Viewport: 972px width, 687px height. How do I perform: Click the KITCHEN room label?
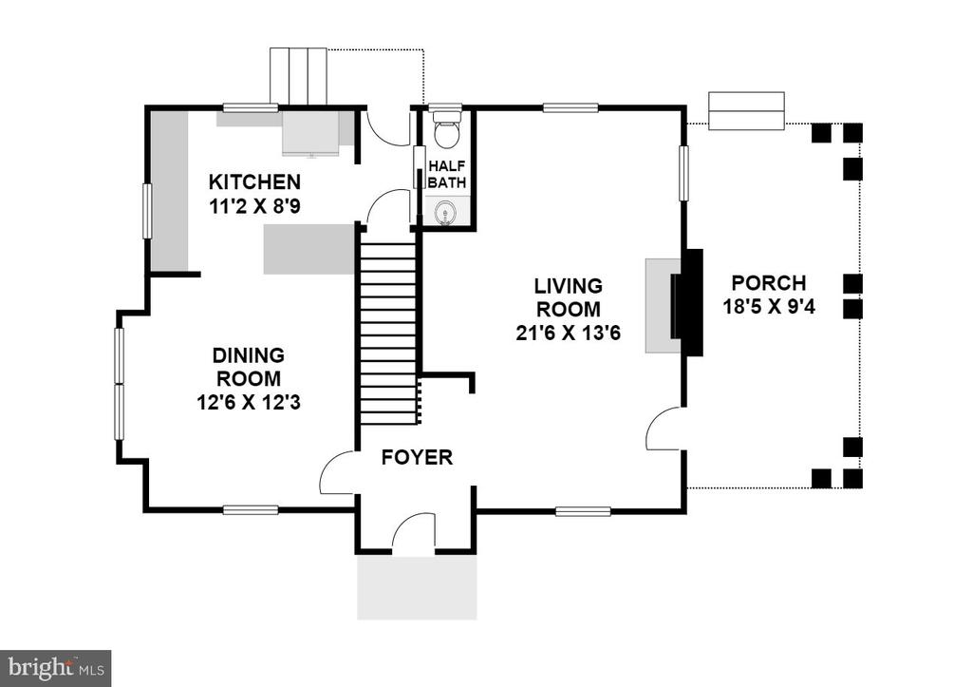pyautogui.click(x=254, y=182)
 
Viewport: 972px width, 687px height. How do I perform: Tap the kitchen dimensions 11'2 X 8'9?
pyautogui.click(x=254, y=206)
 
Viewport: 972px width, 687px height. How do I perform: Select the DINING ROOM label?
pyautogui.click(x=248, y=367)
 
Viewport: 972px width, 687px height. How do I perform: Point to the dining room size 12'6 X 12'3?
pyautogui.click(x=248, y=403)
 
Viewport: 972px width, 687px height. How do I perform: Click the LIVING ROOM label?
pyautogui.click(x=569, y=297)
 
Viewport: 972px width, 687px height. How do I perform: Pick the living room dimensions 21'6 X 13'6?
pyautogui.click(x=568, y=334)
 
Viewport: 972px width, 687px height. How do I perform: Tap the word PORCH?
pyautogui.click(x=769, y=283)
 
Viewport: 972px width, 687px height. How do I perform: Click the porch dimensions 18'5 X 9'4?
pyautogui.click(x=769, y=307)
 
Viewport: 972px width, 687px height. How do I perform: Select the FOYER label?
pyautogui.click(x=417, y=457)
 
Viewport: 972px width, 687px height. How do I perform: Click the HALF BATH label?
pyautogui.click(x=446, y=175)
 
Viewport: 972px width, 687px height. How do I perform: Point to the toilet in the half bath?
pyautogui.click(x=446, y=128)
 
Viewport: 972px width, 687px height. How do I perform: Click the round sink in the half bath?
pyautogui.click(x=444, y=212)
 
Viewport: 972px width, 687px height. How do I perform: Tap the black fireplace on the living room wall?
pyautogui.click(x=688, y=302)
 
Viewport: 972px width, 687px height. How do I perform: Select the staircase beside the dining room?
pyautogui.click(x=388, y=334)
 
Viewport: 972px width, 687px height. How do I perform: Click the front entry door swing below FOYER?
pyautogui.click(x=414, y=531)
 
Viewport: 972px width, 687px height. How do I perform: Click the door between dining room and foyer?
pyautogui.click(x=337, y=473)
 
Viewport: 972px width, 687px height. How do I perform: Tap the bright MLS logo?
pyautogui.click(x=56, y=668)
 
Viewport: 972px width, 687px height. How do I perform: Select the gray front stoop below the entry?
pyautogui.click(x=417, y=587)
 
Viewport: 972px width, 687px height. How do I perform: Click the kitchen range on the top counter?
pyautogui.click(x=311, y=133)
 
